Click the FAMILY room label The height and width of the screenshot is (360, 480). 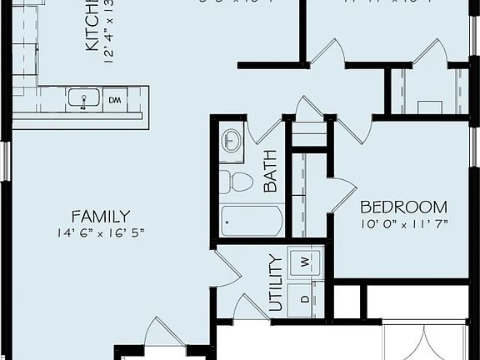100,215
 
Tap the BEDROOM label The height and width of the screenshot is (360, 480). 403,207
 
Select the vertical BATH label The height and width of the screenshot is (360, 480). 270,171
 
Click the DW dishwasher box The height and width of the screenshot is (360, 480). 113,101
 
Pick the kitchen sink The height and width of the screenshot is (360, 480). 82,100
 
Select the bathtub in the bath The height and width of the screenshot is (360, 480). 252,221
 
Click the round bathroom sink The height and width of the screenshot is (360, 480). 231,141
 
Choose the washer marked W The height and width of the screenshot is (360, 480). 304,262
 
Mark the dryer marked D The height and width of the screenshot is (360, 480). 304,297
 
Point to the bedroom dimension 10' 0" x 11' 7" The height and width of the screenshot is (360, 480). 403,224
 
